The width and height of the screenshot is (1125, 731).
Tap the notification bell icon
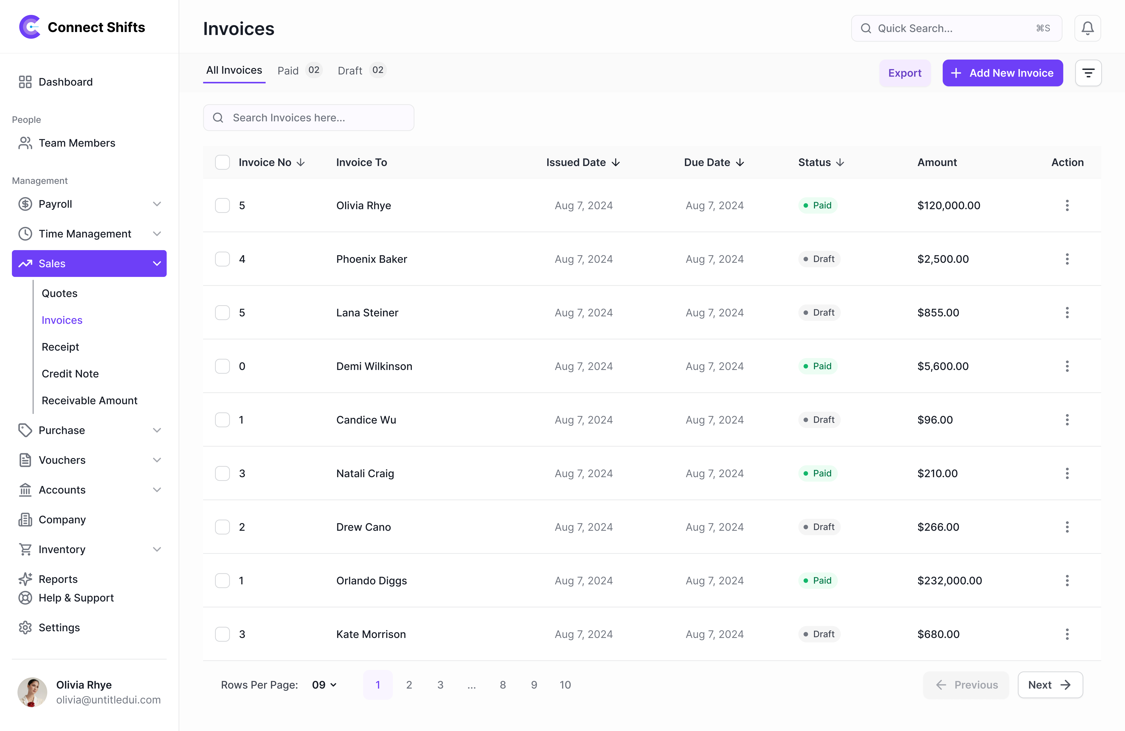tap(1087, 28)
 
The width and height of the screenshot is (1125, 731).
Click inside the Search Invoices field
tap(309, 118)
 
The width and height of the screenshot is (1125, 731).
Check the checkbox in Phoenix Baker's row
tap(222, 259)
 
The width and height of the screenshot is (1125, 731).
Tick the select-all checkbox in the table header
tap(222, 162)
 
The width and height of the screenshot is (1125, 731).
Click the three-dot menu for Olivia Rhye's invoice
tap(1067, 205)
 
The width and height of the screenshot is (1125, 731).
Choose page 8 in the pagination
tap(502, 685)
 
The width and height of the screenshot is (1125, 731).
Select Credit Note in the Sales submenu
tap(70, 374)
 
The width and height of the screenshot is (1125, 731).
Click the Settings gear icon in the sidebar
tap(25, 628)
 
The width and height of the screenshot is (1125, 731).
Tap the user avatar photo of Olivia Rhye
tap(32, 692)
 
